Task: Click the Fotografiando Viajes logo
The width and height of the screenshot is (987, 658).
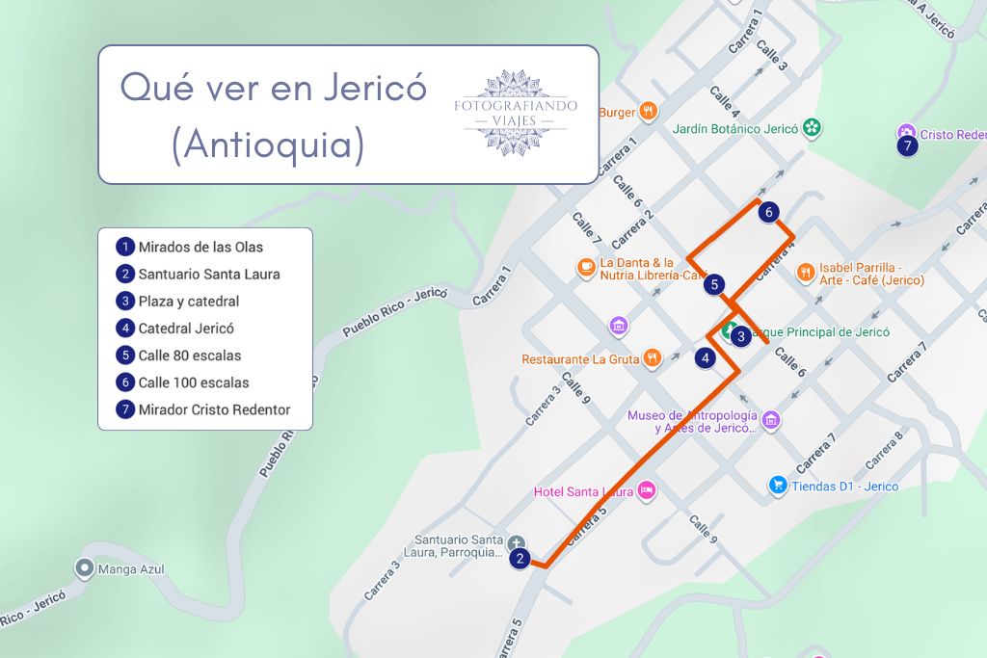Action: coord(516,113)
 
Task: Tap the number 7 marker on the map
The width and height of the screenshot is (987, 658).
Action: coord(906,146)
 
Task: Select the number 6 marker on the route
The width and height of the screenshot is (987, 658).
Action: coord(767,212)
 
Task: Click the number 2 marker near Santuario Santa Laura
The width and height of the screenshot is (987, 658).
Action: coord(520,558)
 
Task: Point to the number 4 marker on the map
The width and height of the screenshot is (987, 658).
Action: coord(707,358)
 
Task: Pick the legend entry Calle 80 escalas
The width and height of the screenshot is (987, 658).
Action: coord(189,355)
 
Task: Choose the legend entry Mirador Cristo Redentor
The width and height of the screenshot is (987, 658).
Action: coord(213,409)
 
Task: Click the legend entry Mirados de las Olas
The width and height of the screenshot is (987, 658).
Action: coord(200,248)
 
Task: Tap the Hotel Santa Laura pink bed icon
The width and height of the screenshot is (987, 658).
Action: coord(647,491)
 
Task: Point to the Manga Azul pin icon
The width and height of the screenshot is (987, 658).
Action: coord(84,569)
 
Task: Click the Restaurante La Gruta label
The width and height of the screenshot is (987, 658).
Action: coord(580,359)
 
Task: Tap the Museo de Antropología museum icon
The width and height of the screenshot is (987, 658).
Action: coord(771,420)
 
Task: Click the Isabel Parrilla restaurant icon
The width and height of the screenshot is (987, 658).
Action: coord(806,274)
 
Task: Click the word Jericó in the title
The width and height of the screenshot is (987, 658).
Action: coord(372,88)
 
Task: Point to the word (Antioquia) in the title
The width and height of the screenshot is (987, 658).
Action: coord(267,145)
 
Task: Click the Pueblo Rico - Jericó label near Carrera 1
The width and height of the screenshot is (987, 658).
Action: coord(396,311)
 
